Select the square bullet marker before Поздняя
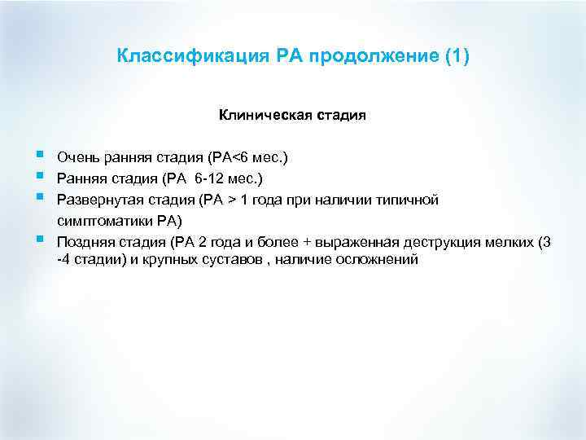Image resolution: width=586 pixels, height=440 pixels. pos(41,239)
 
